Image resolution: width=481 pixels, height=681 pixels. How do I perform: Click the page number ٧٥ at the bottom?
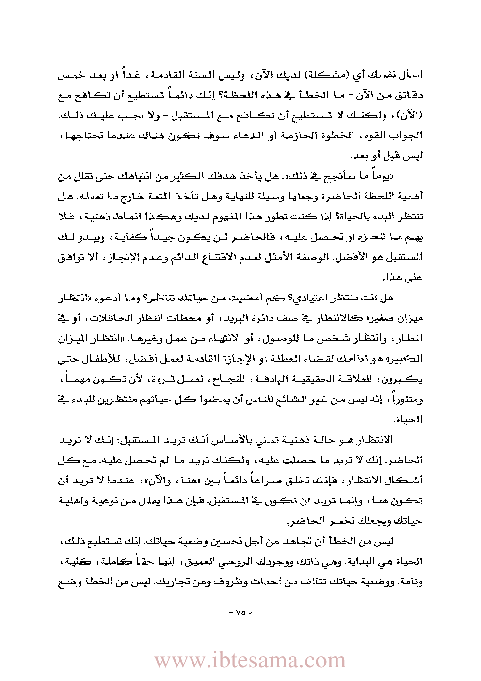(240, 612)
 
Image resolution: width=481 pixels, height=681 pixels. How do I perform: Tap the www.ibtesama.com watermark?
(250, 661)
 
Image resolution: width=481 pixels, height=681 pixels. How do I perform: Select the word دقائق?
(410, 96)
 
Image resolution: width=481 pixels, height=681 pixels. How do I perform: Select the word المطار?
(410, 338)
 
